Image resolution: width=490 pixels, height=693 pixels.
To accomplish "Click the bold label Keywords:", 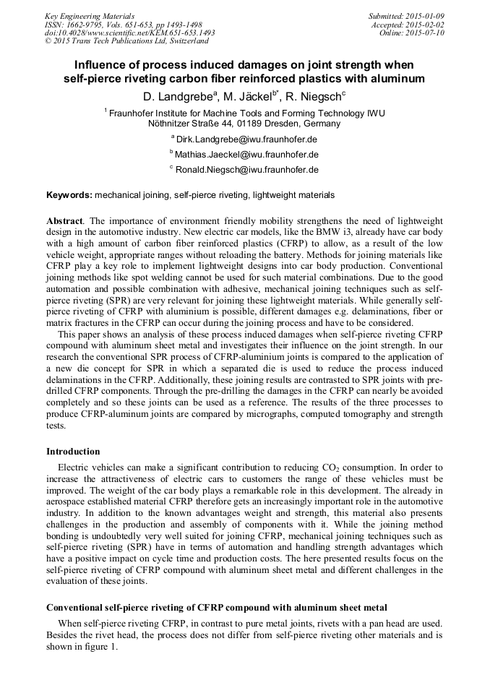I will coord(69,195).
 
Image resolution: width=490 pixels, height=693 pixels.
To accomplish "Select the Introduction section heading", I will coord(73,452).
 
